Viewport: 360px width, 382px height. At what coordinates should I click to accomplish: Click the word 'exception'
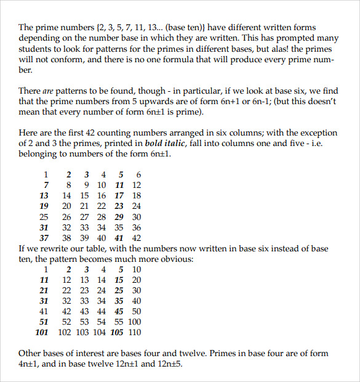(313, 133)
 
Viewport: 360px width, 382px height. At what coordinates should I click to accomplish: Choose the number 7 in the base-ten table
(46, 185)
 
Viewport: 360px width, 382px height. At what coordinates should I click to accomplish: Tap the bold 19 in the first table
(44, 206)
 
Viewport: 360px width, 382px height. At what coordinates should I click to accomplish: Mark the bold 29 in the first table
(119, 217)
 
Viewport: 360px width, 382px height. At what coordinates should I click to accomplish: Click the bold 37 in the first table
(44, 238)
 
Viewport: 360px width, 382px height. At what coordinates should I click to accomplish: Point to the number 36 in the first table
(136, 227)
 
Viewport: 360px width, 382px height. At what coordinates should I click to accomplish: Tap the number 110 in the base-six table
(134, 333)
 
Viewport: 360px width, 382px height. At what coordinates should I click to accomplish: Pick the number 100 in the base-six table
(134, 322)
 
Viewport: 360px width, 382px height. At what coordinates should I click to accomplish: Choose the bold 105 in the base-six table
(117, 333)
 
